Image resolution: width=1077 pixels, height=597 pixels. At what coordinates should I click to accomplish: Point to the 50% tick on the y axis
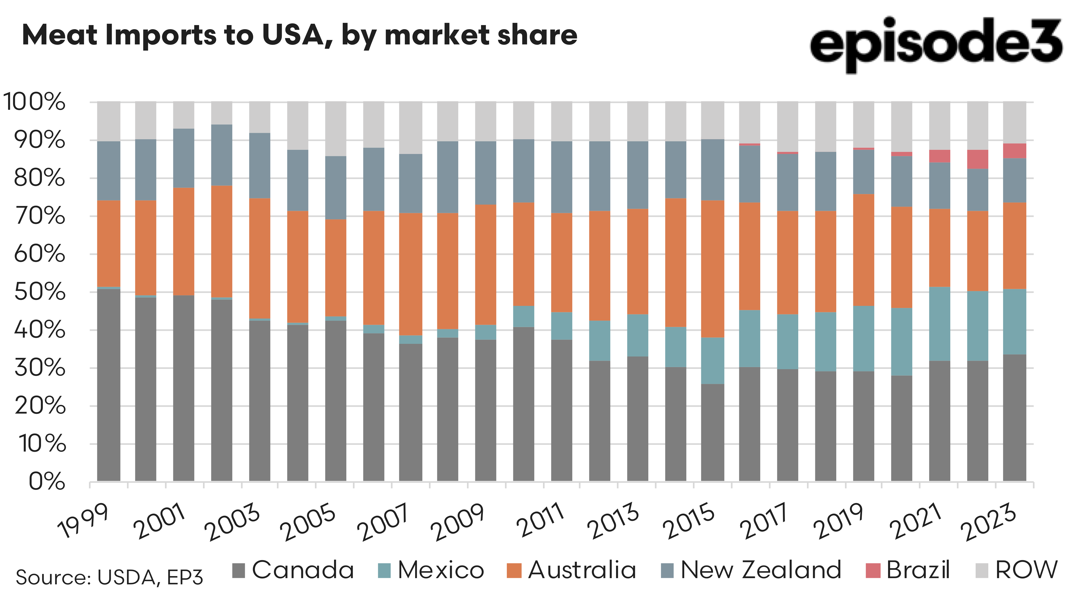[40, 292]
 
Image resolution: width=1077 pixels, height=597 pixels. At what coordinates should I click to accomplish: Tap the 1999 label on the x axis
[84, 521]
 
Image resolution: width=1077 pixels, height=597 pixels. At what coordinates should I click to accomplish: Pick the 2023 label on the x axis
[989, 522]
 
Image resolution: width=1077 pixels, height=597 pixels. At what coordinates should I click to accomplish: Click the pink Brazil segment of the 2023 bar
[1015, 151]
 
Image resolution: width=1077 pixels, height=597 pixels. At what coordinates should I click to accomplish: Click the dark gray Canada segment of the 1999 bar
[109, 384]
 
